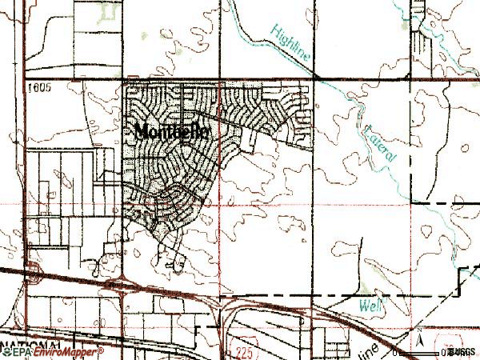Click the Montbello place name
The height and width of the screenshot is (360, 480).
(173, 133)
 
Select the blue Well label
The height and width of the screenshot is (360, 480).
(368, 304)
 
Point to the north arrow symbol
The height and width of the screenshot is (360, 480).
(418, 340)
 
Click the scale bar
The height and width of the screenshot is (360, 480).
(420, 352)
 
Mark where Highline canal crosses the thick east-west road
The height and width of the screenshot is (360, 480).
(318, 78)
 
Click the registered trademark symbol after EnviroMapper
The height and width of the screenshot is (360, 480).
(102, 350)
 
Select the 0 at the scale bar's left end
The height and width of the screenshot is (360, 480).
(395, 352)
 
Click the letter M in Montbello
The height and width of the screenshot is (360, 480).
(142, 132)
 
